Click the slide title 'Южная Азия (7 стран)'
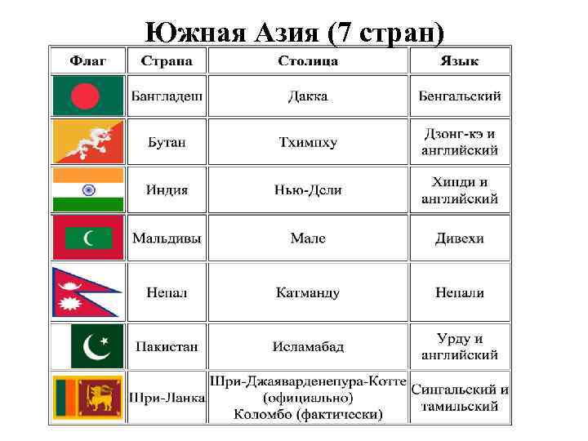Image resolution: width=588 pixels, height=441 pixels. [x=294, y=32]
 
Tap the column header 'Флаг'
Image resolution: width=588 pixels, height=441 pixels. [x=87, y=60]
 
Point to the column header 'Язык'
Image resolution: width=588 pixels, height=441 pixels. [x=460, y=60]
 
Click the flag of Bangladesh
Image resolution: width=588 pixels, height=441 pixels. [x=87, y=96]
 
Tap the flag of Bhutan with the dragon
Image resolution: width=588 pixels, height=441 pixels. [x=87, y=141]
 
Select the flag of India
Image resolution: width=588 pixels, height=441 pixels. [x=87, y=189]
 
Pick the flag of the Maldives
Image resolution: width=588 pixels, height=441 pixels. [x=87, y=238]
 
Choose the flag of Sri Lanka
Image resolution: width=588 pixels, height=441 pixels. [x=87, y=398]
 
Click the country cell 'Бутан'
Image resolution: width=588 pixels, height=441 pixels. [x=166, y=142]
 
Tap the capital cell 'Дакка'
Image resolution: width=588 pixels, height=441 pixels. [x=308, y=96]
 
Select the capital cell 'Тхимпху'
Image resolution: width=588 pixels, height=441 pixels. [x=308, y=142]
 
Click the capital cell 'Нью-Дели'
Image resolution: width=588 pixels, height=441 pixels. [x=308, y=189]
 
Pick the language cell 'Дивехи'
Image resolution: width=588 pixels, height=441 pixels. [x=460, y=238]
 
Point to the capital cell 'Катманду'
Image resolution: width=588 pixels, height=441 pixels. [x=308, y=292]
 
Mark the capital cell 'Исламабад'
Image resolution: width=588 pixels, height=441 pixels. [x=308, y=346]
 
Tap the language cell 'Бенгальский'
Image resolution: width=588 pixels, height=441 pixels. [x=460, y=96]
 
